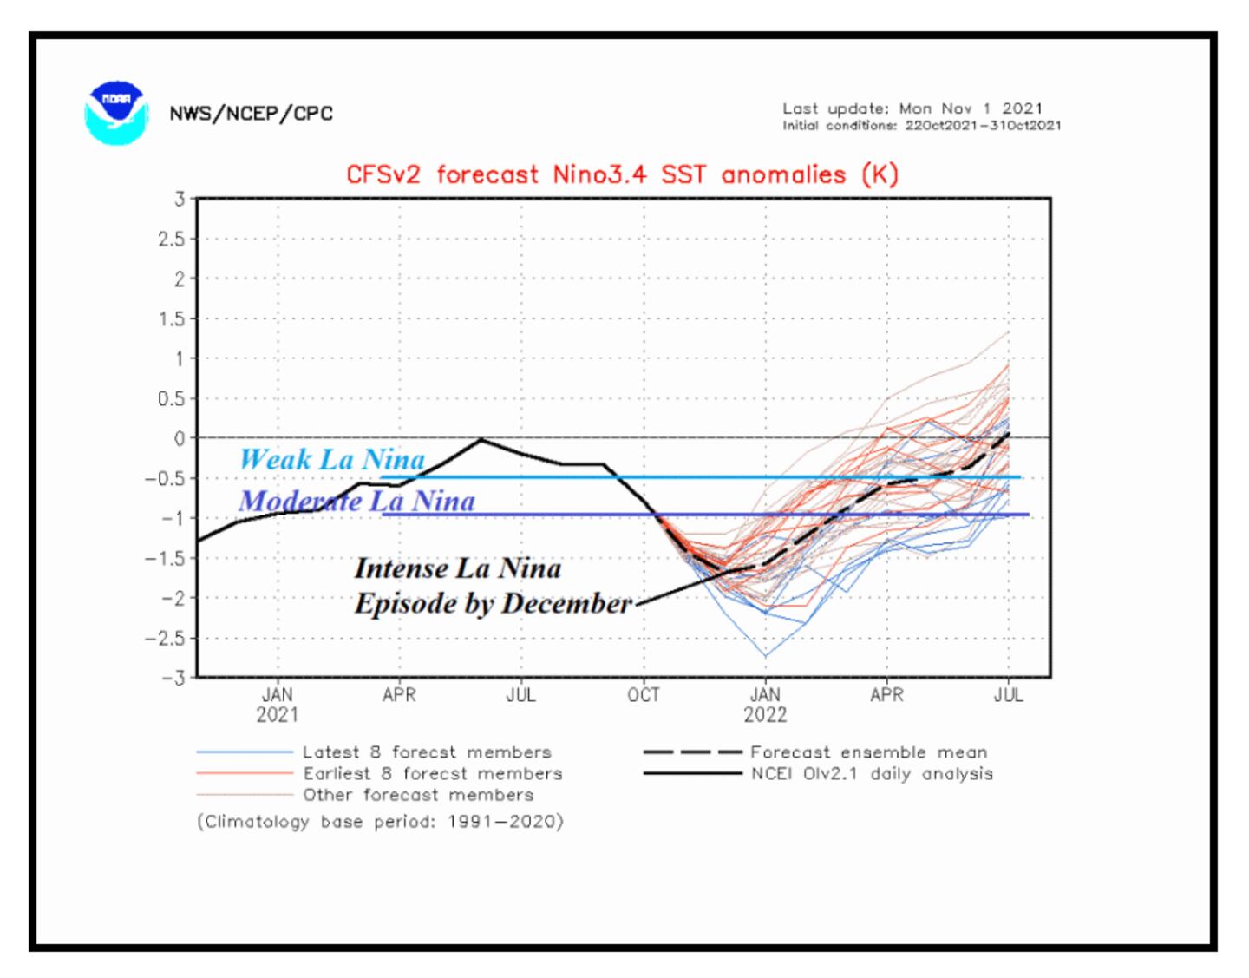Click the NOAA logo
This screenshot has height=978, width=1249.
pyautogui.click(x=116, y=113)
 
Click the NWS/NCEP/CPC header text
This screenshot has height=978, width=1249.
pyautogui.click(x=251, y=114)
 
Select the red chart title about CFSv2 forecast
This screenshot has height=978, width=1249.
pyautogui.click(x=622, y=174)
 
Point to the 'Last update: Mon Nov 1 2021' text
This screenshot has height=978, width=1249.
pyautogui.click(x=912, y=108)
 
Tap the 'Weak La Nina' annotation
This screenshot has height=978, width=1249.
pyautogui.click(x=332, y=459)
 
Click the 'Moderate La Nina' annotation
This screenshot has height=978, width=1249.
pyautogui.click(x=356, y=501)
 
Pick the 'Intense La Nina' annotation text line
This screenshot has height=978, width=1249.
pyautogui.click(x=457, y=568)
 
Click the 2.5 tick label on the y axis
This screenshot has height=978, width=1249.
pyautogui.click(x=172, y=239)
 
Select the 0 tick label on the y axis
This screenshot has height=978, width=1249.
pyautogui.click(x=180, y=438)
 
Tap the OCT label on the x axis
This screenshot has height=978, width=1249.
pyautogui.click(x=644, y=695)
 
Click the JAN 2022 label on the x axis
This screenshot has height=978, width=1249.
pyautogui.click(x=765, y=705)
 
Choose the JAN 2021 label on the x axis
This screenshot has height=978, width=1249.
pyautogui.click(x=278, y=705)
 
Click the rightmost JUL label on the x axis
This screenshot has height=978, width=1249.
pyautogui.click(x=1008, y=695)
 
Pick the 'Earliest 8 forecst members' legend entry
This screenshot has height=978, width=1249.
pyautogui.click(x=432, y=773)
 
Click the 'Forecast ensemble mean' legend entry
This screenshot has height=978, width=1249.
pyautogui.click(x=868, y=752)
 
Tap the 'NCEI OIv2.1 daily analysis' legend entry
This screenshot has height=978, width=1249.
pyautogui.click(x=871, y=773)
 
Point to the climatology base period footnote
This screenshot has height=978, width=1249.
pyautogui.click(x=380, y=821)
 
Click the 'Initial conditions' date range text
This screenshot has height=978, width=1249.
pyautogui.click(x=921, y=126)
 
